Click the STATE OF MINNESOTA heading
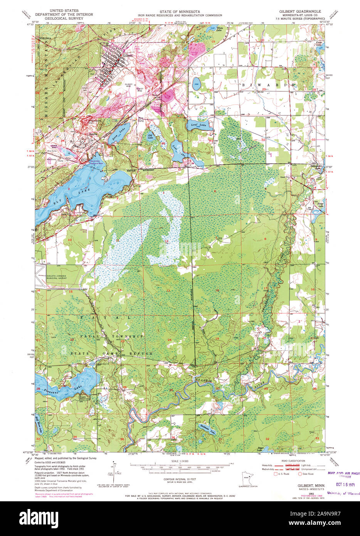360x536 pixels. pos(180,12)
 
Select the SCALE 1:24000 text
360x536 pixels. pos(180,461)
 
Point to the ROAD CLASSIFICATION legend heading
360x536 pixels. pos(293,461)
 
